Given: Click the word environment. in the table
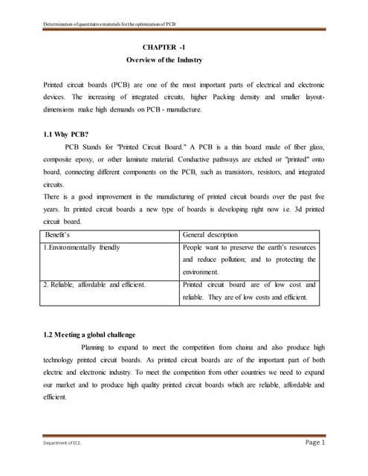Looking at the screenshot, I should [x=203, y=272].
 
